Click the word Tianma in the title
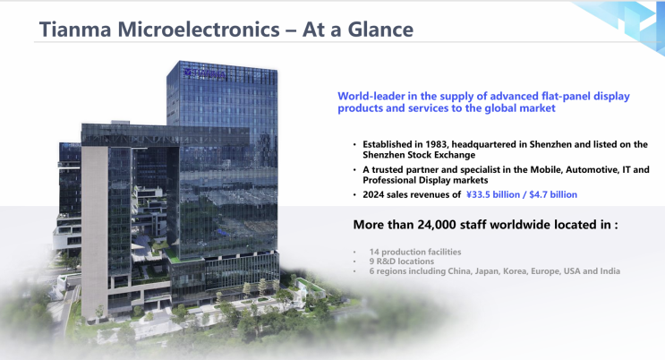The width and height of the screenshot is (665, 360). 75,30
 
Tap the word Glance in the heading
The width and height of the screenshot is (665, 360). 380,30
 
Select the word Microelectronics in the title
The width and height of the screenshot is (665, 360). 199,30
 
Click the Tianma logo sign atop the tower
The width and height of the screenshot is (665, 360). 205,73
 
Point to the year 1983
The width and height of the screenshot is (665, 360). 436,144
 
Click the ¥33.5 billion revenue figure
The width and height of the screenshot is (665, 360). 493,194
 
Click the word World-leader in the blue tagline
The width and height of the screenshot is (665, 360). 371,97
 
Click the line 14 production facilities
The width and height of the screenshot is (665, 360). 415,252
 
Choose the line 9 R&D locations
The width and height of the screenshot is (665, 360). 402,261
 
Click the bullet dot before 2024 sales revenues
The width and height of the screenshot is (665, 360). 354,195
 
